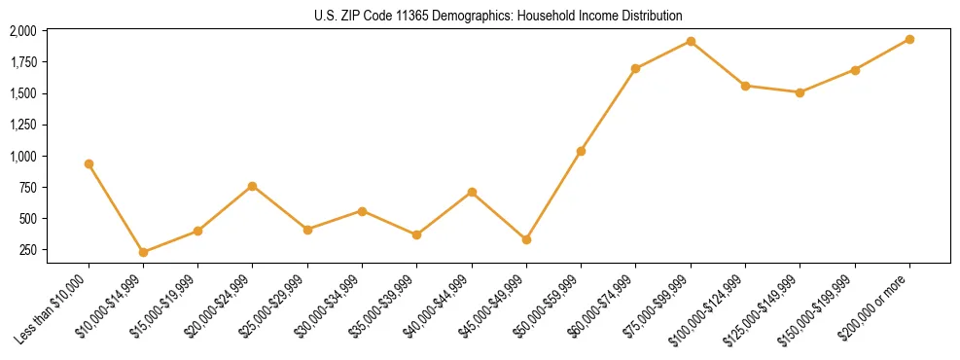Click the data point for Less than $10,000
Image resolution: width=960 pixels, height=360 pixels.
tap(89, 163)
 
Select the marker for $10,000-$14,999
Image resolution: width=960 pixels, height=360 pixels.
tap(143, 252)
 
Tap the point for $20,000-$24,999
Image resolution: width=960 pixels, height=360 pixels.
tap(253, 186)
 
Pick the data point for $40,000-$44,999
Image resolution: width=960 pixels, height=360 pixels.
tap(472, 192)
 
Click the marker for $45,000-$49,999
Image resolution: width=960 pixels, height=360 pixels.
tap(526, 239)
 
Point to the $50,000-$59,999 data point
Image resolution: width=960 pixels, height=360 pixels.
tap(581, 151)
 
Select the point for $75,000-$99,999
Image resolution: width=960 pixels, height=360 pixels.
tap(691, 41)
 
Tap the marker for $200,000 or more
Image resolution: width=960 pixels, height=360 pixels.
tap(909, 39)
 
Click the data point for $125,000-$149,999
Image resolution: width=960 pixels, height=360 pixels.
tap(800, 92)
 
